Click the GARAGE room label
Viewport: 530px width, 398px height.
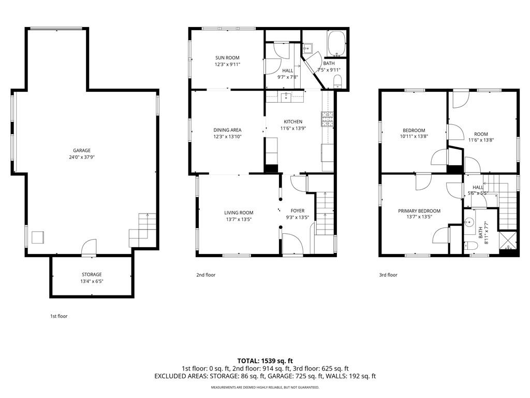click(x=82, y=151)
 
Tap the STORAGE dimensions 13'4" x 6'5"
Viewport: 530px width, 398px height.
click(x=92, y=281)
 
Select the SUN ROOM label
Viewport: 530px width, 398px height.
click(x=228, y=58)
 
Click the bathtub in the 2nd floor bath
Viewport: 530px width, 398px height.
click(x=336, y=44)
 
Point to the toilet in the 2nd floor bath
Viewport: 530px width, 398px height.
click(x=337, y=82)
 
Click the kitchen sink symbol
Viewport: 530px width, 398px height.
click(x=286, y=97)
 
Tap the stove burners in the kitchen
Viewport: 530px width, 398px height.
click(x=327, y=119)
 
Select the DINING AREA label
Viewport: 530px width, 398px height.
click(x=228, y=130)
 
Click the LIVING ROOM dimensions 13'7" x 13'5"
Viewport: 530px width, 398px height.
click(x=239, y=219)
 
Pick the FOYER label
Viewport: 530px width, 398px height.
click(x=298, y=211)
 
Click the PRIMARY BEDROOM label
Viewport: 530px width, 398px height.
click(x=419, y=211)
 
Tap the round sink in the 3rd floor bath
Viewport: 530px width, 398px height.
click(x=469, y=222)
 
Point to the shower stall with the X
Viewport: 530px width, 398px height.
click(x=508, y=241)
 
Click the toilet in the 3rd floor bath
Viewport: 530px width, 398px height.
click(x=470, y=246)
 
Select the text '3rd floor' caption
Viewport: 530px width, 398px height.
click(x=388, y=275)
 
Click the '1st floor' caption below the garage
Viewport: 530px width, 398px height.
click(x=59, y=316)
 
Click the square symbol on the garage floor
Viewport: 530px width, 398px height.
click(x=38, y=237)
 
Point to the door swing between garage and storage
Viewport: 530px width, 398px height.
click(x=89, y=247)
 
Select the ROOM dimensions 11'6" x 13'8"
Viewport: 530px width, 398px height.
click(x=481, y=140)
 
